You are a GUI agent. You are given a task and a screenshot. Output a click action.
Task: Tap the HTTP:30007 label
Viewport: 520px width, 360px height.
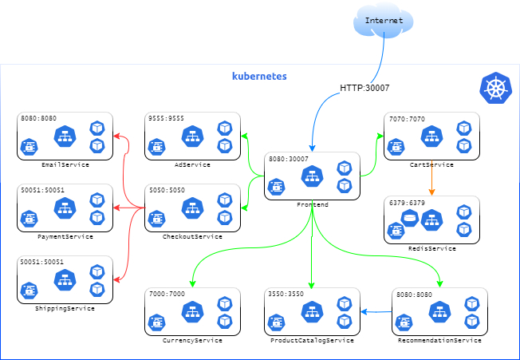[x=364, y=88]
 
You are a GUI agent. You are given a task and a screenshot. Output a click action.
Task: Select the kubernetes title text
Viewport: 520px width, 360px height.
[x=259, y=77]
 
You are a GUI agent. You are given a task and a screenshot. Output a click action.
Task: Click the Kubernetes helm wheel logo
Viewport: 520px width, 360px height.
[x=495, y=88]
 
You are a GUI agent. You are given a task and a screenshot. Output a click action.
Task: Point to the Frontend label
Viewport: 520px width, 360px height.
[x=312, y=204]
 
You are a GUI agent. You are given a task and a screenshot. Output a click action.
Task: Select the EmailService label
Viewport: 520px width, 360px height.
[x=64, y=164]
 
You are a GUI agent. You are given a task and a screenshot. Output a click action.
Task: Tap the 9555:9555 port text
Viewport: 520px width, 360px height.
[x=166, y=119]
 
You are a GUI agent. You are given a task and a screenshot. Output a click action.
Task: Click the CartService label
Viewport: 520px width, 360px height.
[x=431, y=164]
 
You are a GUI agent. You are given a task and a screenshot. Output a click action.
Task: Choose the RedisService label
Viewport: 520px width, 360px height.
[x=431, y=248]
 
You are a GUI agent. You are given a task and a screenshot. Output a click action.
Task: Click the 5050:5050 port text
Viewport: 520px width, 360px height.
[x=166, y=191]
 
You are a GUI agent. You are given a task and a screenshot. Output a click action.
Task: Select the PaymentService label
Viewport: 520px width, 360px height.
[x=65, y=236]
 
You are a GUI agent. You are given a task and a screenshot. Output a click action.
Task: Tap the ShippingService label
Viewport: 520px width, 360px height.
[x=65, y=308]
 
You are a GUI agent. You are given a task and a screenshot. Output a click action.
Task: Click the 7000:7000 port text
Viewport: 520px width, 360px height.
[x=166, y=294]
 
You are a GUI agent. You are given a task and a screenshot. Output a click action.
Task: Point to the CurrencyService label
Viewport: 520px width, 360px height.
[x=192, y=340]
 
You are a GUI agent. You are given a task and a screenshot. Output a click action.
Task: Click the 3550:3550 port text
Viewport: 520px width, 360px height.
[x=286, y=294]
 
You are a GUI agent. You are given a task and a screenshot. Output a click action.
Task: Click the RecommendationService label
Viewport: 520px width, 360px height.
[x=439, y=340]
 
